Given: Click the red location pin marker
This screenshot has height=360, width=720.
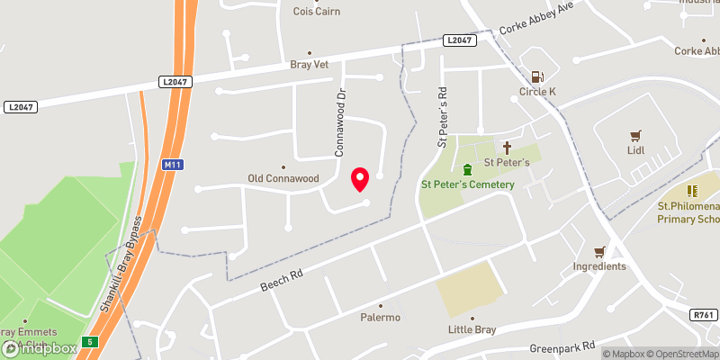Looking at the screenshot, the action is (x=360, y=178).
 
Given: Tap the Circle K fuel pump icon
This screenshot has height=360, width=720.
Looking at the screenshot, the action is (x=538, y=77).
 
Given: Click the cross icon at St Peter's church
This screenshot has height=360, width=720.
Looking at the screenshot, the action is (x=507, y=147).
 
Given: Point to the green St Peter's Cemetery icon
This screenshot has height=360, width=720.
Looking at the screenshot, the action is (x=467, y=169).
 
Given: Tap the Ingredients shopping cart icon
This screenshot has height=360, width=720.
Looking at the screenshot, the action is (x=599, y=251).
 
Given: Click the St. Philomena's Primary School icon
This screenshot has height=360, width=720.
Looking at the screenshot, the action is (x=692, y=191).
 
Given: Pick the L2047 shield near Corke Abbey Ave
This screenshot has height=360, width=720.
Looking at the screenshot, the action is (x=459, y=40).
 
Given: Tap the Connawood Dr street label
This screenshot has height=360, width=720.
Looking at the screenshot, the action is (x=340, y=122).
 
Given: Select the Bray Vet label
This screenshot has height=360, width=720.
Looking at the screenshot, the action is (x=310, y=65).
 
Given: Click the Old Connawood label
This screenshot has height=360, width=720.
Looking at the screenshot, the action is (x=283, y=178).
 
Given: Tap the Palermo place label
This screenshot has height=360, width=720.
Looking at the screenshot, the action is (x=380, y=317).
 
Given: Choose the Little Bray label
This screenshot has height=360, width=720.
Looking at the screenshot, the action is (x=472, y=329).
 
